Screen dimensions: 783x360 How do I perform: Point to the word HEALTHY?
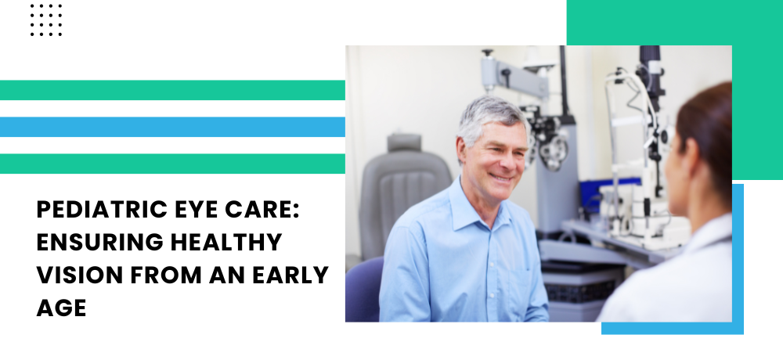point(226,242)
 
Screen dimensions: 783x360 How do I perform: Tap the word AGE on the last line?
point(61,308)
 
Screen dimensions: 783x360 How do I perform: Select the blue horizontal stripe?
point(172,127)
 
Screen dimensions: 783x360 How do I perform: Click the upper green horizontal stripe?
point(172,90)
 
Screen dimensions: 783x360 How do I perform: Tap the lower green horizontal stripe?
point(172,164)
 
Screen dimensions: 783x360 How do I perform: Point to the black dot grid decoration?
point(46,20)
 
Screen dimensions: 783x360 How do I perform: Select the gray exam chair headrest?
point(405,143)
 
